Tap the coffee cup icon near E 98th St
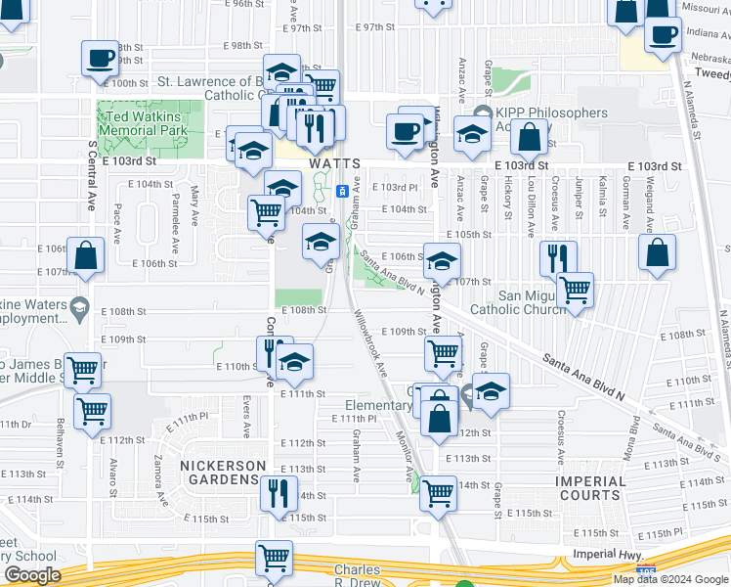100,58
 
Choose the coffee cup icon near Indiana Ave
663,34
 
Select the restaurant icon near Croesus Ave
558,257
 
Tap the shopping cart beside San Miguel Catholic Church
575,290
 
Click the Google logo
32,575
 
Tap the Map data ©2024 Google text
669,579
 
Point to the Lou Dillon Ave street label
532,208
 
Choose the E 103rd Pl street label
400,187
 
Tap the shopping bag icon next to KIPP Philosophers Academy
529,139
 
